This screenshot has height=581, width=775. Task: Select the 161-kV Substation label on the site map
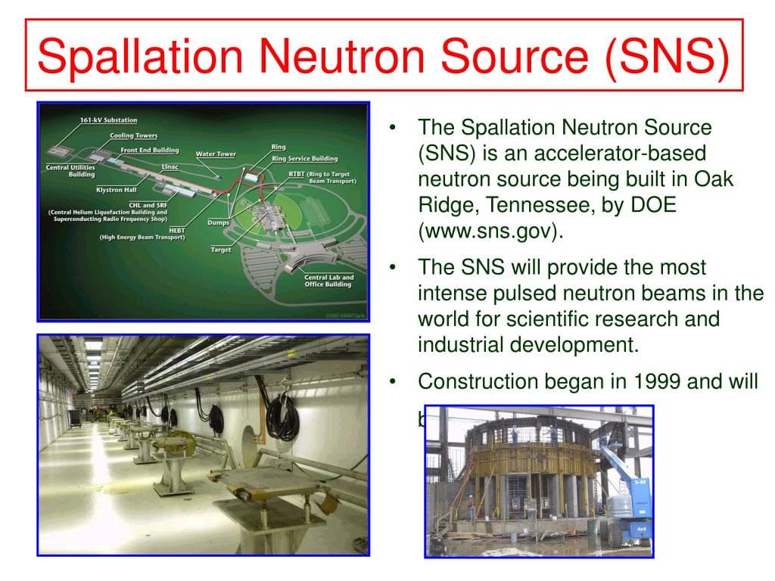108,120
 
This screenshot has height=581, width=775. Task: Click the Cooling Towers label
133,136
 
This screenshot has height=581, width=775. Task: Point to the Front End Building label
149,151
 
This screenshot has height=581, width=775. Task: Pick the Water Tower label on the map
216,154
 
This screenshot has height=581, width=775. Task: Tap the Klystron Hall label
117,190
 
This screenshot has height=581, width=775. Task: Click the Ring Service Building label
304,159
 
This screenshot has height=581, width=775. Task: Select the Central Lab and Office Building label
328,281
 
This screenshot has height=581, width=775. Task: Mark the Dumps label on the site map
218,223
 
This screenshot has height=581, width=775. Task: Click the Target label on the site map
221,250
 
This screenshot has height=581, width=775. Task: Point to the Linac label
170,166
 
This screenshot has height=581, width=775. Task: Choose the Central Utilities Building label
70,171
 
